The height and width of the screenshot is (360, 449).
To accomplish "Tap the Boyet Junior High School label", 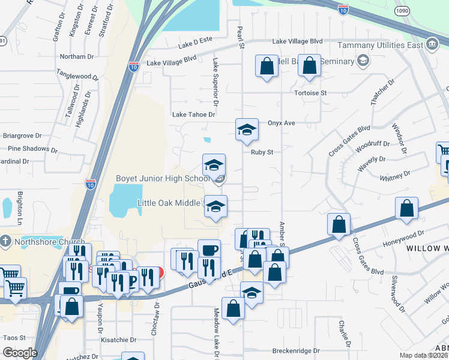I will [x=162, y=179].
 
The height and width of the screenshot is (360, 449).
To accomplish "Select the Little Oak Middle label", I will [x=169, y=203].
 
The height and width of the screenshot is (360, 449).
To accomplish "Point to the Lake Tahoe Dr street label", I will [x=193, y=114].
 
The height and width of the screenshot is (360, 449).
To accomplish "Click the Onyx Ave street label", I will [x=282, y=123].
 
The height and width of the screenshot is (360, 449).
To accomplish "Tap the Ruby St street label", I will [x=262, y=152].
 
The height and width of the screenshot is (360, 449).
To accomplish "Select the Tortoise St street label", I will [x=310, y=93].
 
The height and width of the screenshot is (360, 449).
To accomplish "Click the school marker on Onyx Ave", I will [x=247, y=130].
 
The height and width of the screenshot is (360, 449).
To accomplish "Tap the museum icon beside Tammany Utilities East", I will [x=432, y=44].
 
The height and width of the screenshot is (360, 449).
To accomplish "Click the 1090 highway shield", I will [x=402, y=11].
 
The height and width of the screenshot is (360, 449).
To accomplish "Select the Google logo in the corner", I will [x=20, y=353].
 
